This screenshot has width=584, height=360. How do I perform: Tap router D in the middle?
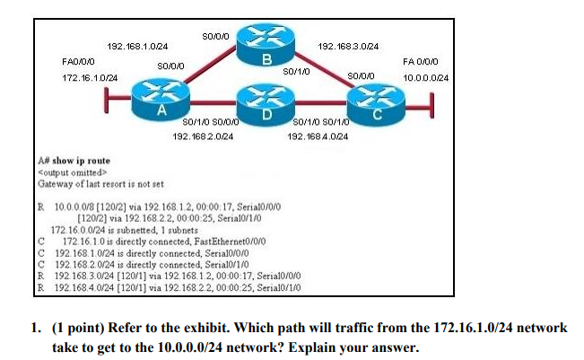point(266,100)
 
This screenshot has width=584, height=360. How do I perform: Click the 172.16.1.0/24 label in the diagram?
point(90,79)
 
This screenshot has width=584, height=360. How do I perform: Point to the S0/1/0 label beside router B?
point(296,70)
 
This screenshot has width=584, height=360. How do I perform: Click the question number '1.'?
point(41,328)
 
